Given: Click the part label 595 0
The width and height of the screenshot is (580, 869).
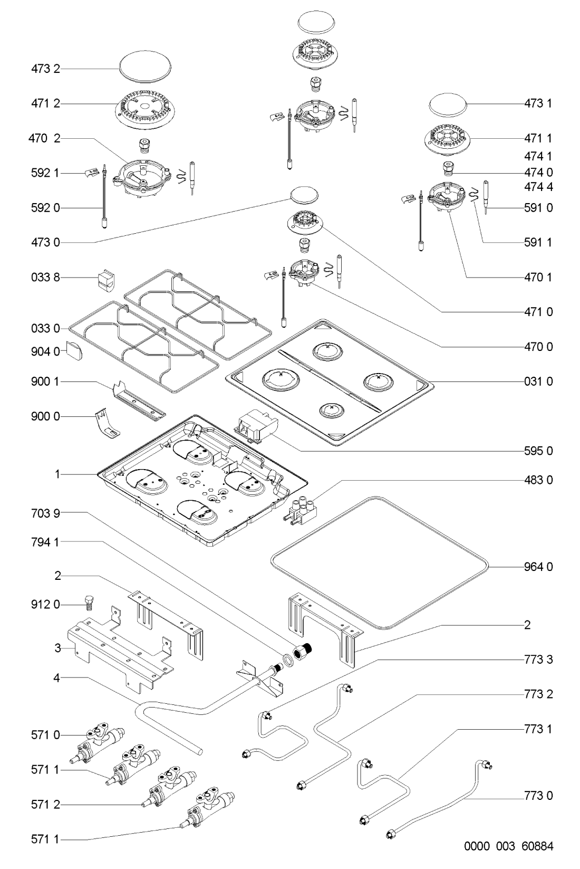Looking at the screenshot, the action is point(538,451).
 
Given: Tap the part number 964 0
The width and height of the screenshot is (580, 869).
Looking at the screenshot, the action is point(538,567).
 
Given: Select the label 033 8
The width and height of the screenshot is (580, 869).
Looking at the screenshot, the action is point(45,278).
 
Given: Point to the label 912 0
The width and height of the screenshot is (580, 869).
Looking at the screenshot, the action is point(45,605).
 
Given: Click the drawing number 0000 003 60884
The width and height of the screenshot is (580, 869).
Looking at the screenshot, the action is point(509,846).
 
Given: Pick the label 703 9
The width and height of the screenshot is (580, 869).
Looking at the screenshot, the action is point(45,513).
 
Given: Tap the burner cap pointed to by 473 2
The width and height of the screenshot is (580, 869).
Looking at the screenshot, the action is point(145,68).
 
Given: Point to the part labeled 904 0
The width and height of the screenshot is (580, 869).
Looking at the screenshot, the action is point(74,351).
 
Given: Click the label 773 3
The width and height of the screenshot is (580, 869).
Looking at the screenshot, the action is point(538,660).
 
